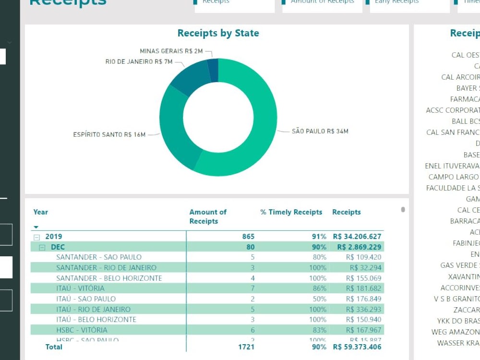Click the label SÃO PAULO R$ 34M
tap(320, 131)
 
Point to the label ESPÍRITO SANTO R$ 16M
tap(109, 135)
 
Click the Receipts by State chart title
tap(218, 33)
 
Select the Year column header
tap(41, 212)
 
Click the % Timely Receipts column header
tap(291, 212)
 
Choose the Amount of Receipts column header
tap(207, 216)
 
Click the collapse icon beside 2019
tap(36, 237)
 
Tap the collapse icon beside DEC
tap(42, 247)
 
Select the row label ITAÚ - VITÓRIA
tap(80, 288)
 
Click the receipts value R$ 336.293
tap(363, 309)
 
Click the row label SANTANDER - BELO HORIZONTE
tap(109, 278)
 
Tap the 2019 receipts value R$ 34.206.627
tap(357, 237)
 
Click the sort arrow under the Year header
tap(36, 227)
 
